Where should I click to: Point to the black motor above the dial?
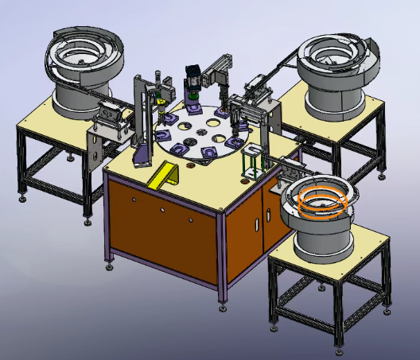tap(192, 77)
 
